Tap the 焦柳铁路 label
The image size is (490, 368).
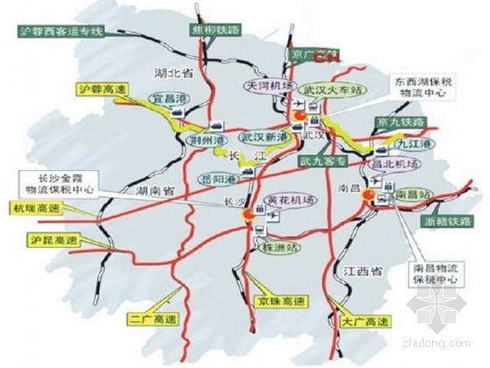coord(211,29)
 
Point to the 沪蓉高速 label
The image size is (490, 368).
coord(97,88)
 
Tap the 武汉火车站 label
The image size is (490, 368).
coord(328,90)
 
